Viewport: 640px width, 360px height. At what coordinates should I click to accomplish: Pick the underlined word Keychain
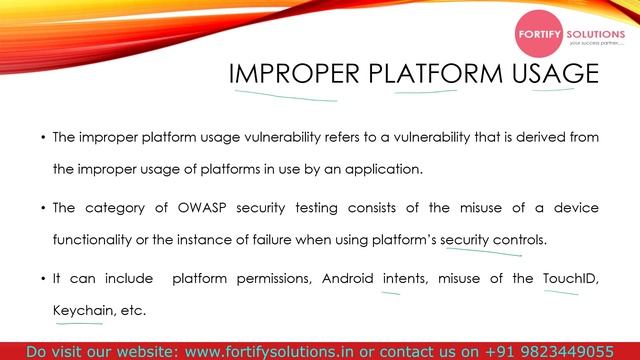81,311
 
